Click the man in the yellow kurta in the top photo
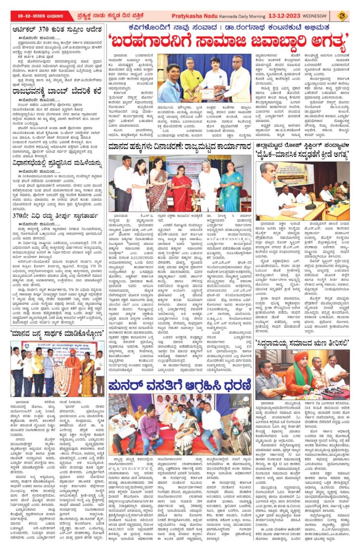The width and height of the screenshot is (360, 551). tap(192, 78)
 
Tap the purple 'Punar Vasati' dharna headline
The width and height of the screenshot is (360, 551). tap(180, 384)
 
